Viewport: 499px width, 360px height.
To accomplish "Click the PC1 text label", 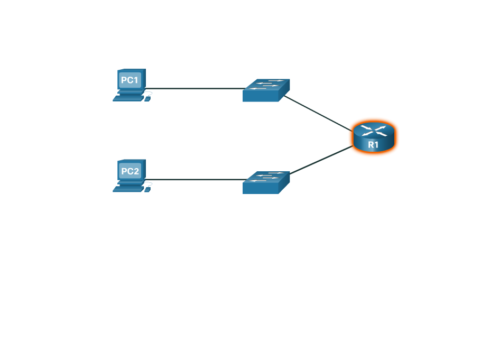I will coord(130,80).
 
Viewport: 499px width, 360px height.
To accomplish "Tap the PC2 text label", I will coord(130,171).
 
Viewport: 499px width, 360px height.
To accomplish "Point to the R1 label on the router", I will coord(373,144).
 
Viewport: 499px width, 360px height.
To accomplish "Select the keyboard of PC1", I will coord(128,98).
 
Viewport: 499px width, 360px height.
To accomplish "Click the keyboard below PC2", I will coord(128,189).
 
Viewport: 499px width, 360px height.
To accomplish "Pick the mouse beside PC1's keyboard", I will coord(148,98).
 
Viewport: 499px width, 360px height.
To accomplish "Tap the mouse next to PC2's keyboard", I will coord(148,189).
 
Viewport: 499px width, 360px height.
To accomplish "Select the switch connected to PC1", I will coord(266,90).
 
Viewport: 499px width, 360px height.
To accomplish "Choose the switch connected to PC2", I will coord(266,182).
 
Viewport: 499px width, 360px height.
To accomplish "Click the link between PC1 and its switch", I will coord(196,89).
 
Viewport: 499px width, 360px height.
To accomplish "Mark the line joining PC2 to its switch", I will coord(196,180).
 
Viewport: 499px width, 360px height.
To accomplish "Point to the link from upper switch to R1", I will coord(317,112).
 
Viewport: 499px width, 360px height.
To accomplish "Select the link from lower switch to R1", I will coord(320,160).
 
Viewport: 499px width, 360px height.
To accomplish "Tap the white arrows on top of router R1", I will coord(373,130).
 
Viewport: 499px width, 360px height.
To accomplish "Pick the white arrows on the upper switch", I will coord(267,84).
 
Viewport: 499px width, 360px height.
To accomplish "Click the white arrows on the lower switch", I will coord(267,177).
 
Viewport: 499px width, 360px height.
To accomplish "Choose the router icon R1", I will coord(373,137).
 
